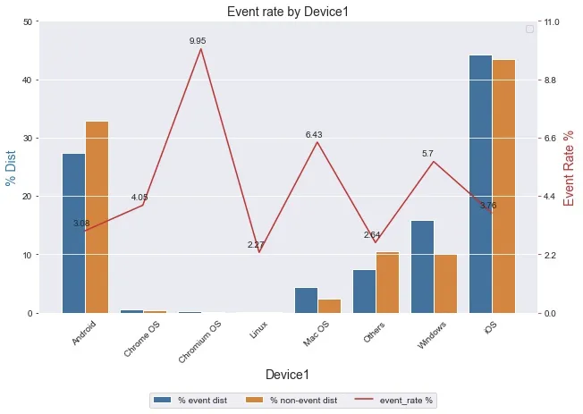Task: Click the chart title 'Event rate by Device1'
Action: click(x=287, y=12)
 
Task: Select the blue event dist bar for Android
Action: click(x=73, y=232)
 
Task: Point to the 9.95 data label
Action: click(x=198, y=41)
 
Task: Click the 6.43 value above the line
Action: click(x=314, y=135)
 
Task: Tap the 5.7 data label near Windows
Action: click(x=427, y=154)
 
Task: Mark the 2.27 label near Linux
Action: click(x=256, y=245)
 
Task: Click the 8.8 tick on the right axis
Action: click(x=552, y=80)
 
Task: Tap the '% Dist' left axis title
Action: click(x=12, y=167)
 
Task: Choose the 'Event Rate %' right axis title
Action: click(x=570, y=167)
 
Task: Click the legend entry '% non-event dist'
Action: click(x=294, y=401)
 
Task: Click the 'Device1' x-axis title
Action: click(x=287, y=374)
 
